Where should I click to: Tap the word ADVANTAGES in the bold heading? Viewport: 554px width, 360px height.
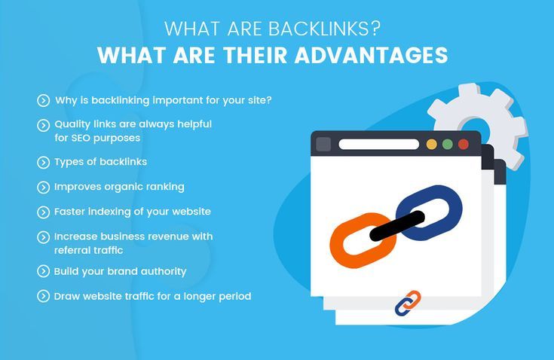click(x=372, y=55)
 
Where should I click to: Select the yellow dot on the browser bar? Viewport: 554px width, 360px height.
click(x=431, y=145)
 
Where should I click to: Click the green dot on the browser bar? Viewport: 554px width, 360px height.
click(x=447, y=145)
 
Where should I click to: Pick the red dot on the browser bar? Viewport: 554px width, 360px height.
click(x=464, y=145)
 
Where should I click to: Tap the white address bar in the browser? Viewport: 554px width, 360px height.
click(x=378, y=145)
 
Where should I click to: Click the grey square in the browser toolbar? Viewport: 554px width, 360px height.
click(x=323, y=145)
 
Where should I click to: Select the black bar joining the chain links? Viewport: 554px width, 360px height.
click(x=396, y=226)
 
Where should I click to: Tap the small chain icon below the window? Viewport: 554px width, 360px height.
click(x=408, y=303)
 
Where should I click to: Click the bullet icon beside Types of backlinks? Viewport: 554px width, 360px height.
click(x=43, y=163)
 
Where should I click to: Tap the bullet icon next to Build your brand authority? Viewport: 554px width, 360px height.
click(x=43, y=271)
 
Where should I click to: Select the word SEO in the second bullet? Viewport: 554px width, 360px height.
click(x=80, y=138)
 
